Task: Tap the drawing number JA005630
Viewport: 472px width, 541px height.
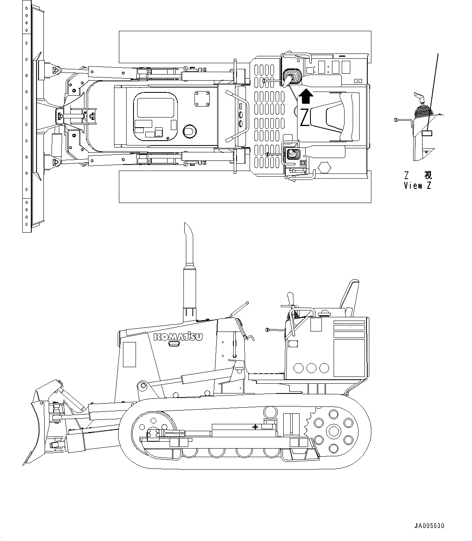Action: pos(429,526)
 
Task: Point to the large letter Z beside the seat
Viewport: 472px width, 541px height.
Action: pos(304,117)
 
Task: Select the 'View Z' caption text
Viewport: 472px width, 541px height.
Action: pos(418,186)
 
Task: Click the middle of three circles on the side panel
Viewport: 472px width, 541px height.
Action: pos(312,368)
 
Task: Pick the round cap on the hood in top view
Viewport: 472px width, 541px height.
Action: pos(190,130)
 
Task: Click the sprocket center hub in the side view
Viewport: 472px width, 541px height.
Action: pos(334,430)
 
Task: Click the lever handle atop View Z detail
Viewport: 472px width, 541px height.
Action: pos(419,97)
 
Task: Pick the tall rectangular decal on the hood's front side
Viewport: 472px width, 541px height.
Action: pos(130,354)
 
